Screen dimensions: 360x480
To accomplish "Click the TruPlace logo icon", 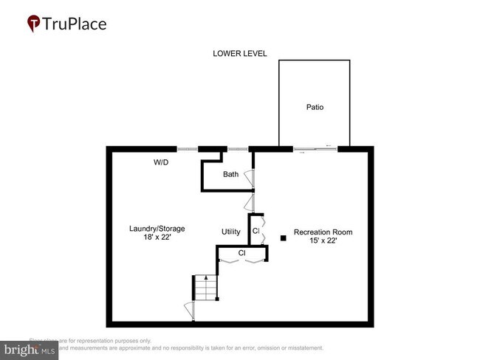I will tap(34, 24).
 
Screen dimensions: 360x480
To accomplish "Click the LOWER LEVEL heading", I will tap(239, 54).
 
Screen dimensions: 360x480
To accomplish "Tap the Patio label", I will tap(315, 108).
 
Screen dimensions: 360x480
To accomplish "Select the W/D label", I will tap(161, 162).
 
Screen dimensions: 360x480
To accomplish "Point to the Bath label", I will tap(231, 175).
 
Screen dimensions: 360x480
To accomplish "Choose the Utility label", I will tap(231, 232).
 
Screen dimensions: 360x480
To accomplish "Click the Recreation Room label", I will tap(323, 232).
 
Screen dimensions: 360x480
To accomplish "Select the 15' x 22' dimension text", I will tap(323, 241).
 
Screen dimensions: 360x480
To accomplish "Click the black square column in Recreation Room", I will tap(283, 238).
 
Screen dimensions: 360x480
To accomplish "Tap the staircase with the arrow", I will tap(205, 288).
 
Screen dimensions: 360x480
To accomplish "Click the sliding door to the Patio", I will tap(315, 150).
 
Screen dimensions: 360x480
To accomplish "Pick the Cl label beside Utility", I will tap(256, 232).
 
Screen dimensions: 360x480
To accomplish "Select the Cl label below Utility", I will tap(241, 253).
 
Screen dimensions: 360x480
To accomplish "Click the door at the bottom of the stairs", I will tap(189, 311).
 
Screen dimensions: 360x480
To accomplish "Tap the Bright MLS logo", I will tap(30, 349).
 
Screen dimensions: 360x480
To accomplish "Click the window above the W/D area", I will tap(188, 149).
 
